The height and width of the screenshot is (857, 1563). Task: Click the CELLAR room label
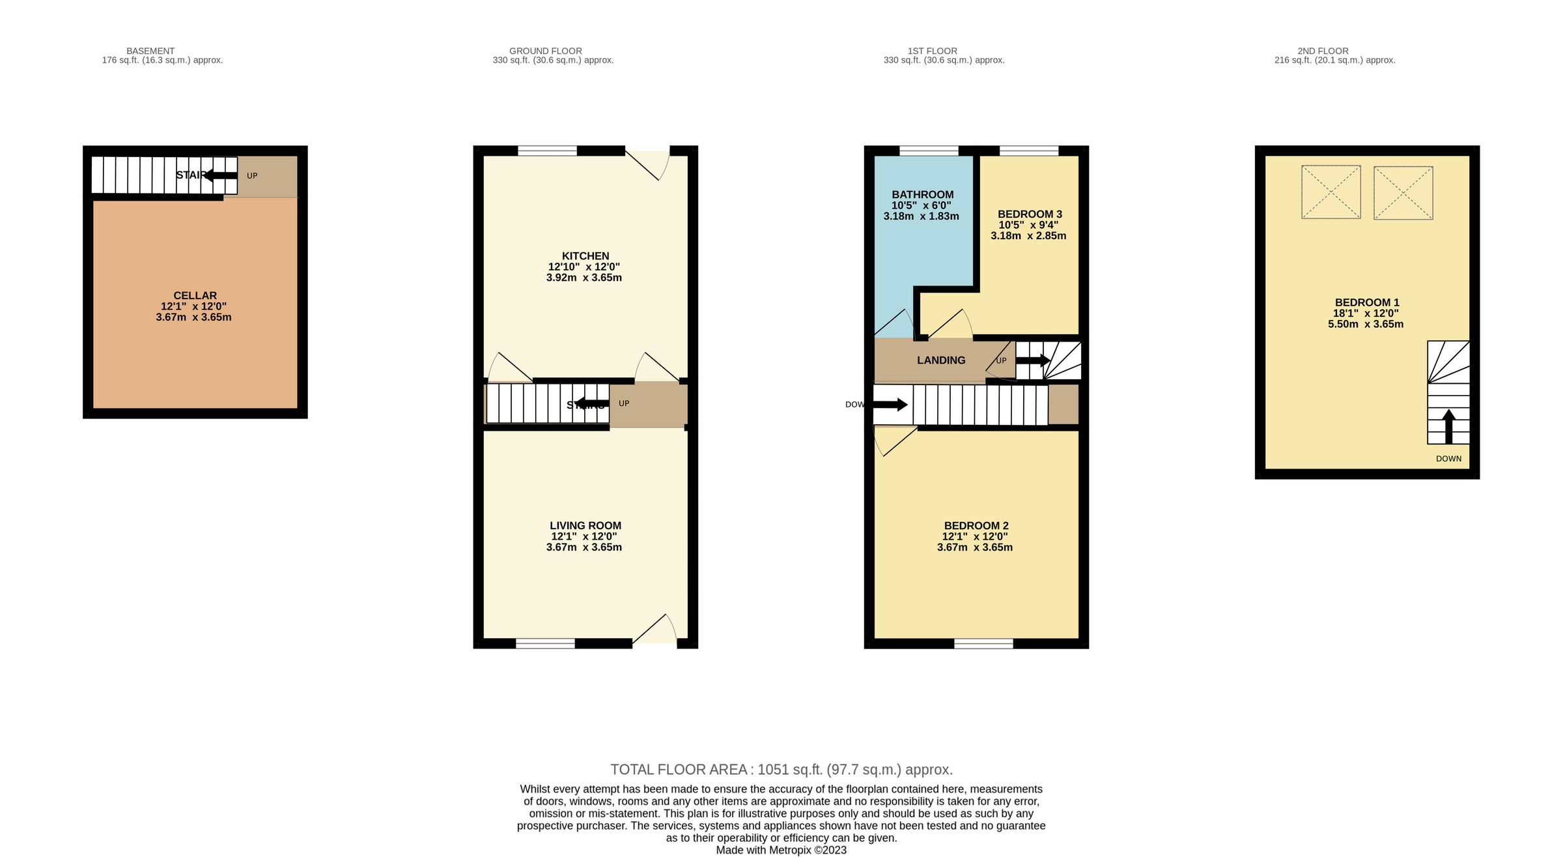click(195, 296)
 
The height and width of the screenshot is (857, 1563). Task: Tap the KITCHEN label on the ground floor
click(585, 256)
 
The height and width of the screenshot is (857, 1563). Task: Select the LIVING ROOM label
click(585, 525)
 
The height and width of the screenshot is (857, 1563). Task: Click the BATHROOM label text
click(922, 195)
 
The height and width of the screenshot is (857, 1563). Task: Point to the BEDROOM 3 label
click(1030, 214)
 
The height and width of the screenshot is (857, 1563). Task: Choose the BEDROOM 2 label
click(976, 525)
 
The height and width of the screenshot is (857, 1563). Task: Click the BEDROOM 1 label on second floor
click(1366, 302)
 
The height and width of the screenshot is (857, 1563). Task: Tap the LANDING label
click(940, 360)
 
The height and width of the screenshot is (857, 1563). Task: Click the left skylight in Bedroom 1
click(1331, 192)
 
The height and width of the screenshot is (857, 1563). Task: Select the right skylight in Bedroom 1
click(1403, 192)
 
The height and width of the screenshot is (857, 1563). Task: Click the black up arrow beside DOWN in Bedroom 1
click(1448, 426)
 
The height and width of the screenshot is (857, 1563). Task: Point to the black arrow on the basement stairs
click(221, 175)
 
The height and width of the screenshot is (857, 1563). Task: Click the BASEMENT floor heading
click(150, 51)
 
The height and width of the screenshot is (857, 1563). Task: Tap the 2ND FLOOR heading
click(1323, 51)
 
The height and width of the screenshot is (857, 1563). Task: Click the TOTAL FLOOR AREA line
click(781, 770)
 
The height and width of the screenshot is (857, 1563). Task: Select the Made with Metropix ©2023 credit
click(781, 850)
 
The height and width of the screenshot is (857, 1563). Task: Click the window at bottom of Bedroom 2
click(983, 644)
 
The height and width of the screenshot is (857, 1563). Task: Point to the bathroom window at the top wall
click(929, 151)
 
